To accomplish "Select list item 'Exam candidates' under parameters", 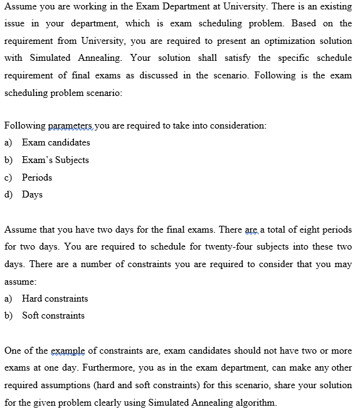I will click(56, 142).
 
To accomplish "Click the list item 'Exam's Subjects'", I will click(55, 160).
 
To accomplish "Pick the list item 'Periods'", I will click(37, 177).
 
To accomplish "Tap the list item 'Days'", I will click(32, 194).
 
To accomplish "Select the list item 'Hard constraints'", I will click(55, 298).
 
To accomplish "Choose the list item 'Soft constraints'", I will click(53, 315).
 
